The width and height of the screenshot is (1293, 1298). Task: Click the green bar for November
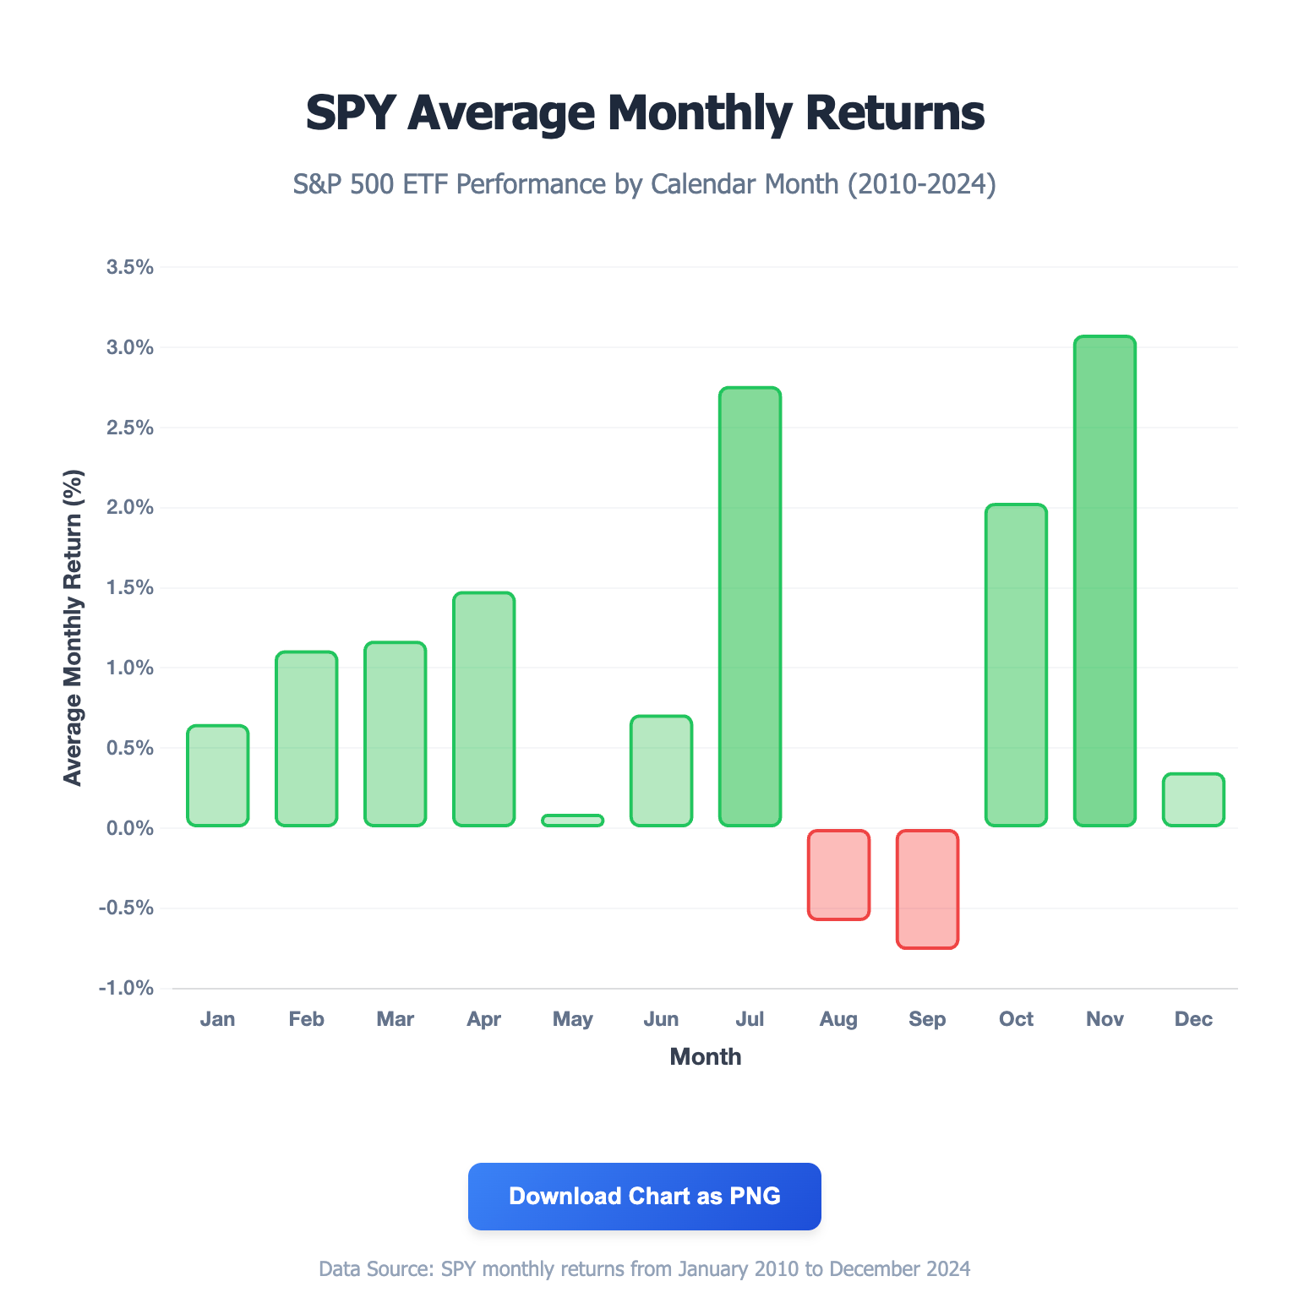click(1105, 581)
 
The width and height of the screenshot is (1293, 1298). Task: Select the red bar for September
click(927, 889)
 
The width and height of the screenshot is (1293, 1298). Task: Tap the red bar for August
click(838, 875)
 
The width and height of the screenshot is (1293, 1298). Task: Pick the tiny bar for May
click(572, 820)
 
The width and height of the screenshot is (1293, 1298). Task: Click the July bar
click(750, 607)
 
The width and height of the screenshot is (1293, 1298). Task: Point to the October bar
click(1016, 665)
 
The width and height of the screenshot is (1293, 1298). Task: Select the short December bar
click(1193, 799)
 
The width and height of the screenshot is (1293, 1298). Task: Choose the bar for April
click(483, 709)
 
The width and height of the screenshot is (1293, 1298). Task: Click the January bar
click(217, 776)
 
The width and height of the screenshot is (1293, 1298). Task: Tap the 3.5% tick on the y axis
click(130, 268)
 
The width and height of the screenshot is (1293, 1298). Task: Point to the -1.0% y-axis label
click(127, 989)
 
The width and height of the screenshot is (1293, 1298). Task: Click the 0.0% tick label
click(130, 828)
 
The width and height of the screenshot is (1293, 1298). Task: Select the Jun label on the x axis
click(661, 1019)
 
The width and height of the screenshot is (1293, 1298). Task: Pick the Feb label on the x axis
click(306, 1019)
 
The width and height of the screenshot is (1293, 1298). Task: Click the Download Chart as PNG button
click(644, 1196)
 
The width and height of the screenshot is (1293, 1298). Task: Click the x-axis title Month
click(705, 1057)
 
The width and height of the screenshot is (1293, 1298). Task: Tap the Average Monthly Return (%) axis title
click(74, 628)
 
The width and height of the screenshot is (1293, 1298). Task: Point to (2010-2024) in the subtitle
click(921, 183)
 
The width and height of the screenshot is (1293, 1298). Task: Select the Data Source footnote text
click(644, 1268)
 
